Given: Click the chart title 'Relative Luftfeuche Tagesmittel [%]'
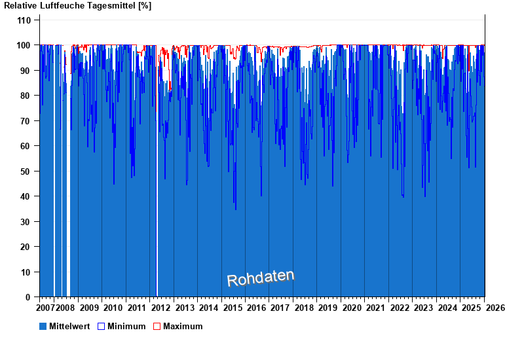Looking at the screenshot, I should tap(78, 6).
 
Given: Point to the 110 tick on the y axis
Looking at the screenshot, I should tap(24, 20).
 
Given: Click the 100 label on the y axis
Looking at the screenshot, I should tap(24, 45).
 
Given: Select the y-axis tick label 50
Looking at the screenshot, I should tap(26, 171).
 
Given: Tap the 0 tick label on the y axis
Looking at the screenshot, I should tap(29, 297).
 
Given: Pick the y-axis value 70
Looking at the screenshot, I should tap(26, 121).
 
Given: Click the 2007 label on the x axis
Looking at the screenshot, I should tap(45, 308).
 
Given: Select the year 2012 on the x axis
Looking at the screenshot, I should tap(161, 308).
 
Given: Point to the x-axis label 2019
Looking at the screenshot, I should tap(328, 308).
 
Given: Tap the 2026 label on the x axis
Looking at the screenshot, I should tap(495, 308).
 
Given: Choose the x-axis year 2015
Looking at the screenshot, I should tap(233, 308).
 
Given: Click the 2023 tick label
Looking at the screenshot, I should tap(424, 308).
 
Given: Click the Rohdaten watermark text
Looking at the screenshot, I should tap(261, 278).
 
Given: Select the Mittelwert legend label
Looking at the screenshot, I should tap(69, 326).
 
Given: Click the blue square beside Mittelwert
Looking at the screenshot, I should tap(43, 326).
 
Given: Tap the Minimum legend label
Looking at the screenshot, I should tap(126, 326).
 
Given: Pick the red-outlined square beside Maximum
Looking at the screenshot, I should tap(157, 326).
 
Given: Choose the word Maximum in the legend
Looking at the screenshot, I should tap(183, 326).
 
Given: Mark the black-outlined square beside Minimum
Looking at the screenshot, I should tap(101, 326).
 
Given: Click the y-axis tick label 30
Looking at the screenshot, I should tap(26, 222).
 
